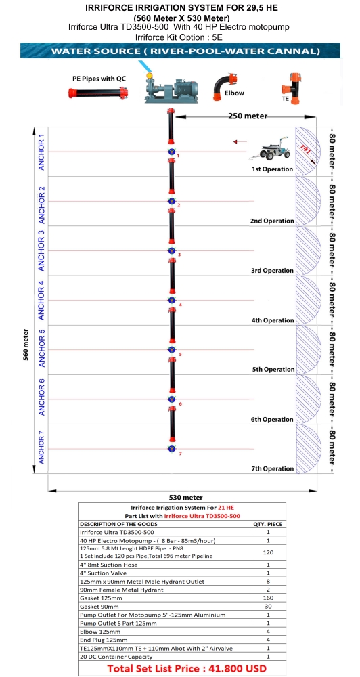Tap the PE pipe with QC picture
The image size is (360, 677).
98,93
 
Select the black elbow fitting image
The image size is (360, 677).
225,87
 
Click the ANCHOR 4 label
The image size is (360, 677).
41,300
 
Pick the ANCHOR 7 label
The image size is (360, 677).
41,450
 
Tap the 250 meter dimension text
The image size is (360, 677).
248,116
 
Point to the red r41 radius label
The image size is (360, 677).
305,148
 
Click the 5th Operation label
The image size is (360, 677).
273,370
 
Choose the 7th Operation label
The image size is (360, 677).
273,469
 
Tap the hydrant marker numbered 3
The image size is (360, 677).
172,251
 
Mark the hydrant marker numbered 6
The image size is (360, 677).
172,399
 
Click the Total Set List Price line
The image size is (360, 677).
187,668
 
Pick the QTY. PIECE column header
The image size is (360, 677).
268,524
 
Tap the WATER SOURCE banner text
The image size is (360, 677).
185,51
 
